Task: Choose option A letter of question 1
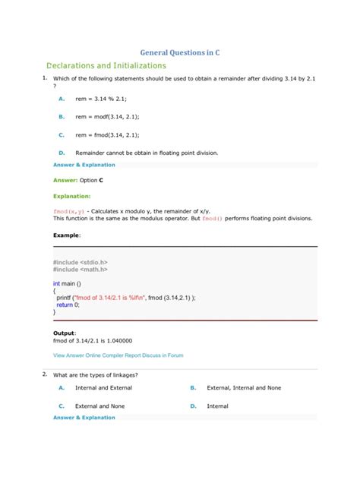61,99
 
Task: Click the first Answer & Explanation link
84,164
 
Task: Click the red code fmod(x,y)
68,210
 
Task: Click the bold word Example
66,235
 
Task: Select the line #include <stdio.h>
84,261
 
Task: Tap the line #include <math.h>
81,269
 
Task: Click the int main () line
69,283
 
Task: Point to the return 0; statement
71,305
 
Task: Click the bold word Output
64,333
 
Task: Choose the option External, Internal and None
244,387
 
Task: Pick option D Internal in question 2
217,406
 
